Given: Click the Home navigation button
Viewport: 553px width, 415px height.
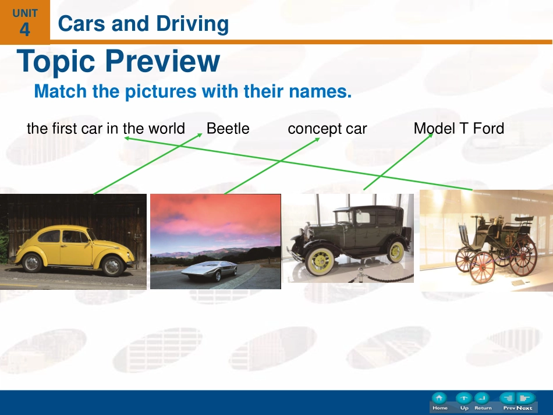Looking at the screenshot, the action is click(439, 402).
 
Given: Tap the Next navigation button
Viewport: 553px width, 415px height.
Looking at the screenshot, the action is click(525, 402).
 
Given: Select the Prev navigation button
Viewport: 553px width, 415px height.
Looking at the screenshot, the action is click(509, 402).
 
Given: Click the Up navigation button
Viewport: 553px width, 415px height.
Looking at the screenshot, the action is click(464, 402).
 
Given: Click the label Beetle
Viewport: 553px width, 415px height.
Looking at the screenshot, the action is click(228, 129).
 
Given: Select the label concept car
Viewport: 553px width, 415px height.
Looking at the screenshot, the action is click(327, 129).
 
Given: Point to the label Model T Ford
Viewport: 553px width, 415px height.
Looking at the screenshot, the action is click(459, 129).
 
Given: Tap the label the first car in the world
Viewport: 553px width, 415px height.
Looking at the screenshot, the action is click(106, 129).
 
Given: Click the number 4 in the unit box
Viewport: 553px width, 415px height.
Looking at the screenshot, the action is click(24, 30).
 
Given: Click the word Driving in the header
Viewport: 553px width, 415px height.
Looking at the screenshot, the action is click(192, 24).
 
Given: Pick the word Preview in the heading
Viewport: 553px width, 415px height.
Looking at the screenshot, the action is click(162, 61).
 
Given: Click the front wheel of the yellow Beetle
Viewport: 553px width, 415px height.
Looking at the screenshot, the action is click(112, 266).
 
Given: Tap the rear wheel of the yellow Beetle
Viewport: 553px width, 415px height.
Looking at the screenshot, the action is click(32, 263).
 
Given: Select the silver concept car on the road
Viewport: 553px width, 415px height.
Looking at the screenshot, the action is click(209, 271).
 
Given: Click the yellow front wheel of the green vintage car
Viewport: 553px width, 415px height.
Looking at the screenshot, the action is click(320, 261).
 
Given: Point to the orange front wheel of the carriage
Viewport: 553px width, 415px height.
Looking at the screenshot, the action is click(483, 267).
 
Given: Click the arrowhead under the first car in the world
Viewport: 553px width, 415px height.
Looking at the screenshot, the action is click(127, 138).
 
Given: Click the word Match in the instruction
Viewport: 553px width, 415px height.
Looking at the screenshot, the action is click(61, 91).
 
